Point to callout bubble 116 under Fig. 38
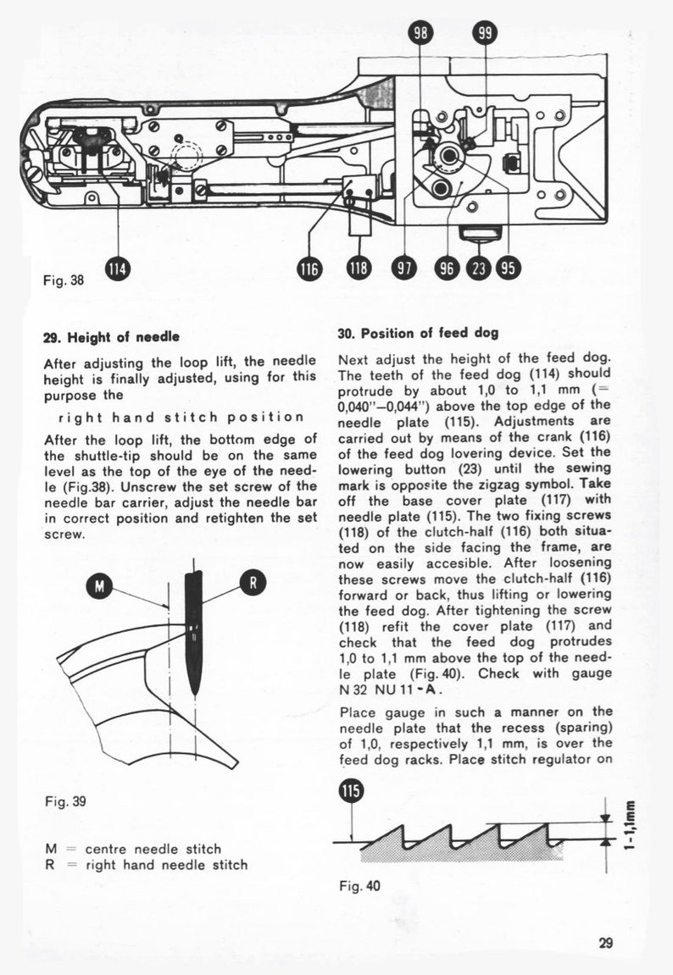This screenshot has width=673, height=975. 309,269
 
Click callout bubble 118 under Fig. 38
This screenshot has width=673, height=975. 359,269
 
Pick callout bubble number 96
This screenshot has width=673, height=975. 446,269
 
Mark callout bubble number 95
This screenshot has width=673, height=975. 508,269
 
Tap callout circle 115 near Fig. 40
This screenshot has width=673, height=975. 349,792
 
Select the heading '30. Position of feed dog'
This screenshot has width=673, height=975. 418,333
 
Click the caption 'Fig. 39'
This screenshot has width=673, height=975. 64,800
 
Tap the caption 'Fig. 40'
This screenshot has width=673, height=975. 359,887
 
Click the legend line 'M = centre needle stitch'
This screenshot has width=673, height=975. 133,849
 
